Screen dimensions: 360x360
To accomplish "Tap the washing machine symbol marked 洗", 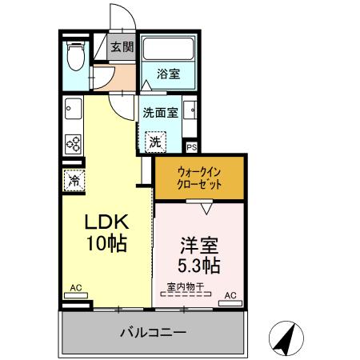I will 154,140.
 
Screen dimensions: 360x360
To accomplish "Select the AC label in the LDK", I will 75,287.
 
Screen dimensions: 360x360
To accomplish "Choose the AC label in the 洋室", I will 230,295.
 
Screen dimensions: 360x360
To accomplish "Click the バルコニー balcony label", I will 153,331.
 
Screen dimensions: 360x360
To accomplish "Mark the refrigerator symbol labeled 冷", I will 73,180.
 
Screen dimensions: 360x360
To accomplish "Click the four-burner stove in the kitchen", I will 72,144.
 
